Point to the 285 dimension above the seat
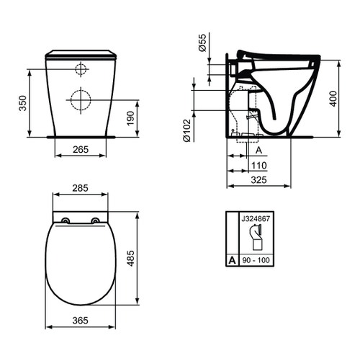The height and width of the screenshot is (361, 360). pyautogui.click(x=81, y=189)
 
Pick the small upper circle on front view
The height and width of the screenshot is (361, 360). pyautogui.click(x=81, y=69)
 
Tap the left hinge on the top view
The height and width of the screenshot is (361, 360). pyautogui.click(x=66, y=220)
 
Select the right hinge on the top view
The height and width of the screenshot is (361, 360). pyautogui.click(x=95, y=220)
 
